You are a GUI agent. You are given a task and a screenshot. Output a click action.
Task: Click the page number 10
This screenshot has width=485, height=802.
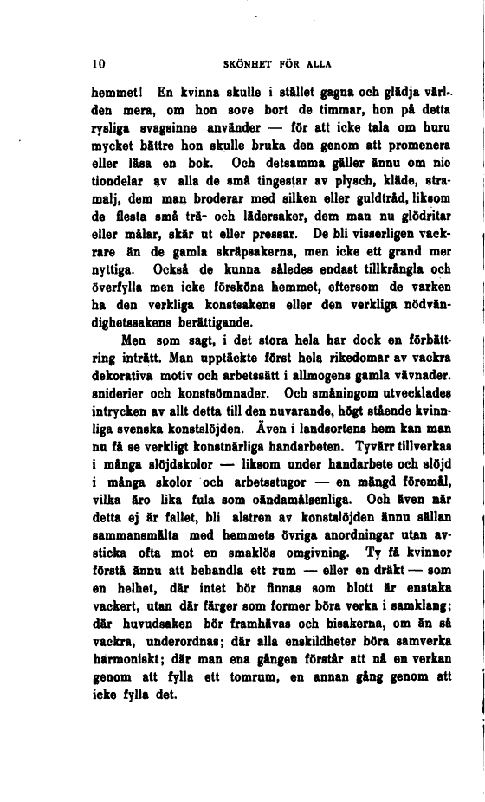point(98,63)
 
